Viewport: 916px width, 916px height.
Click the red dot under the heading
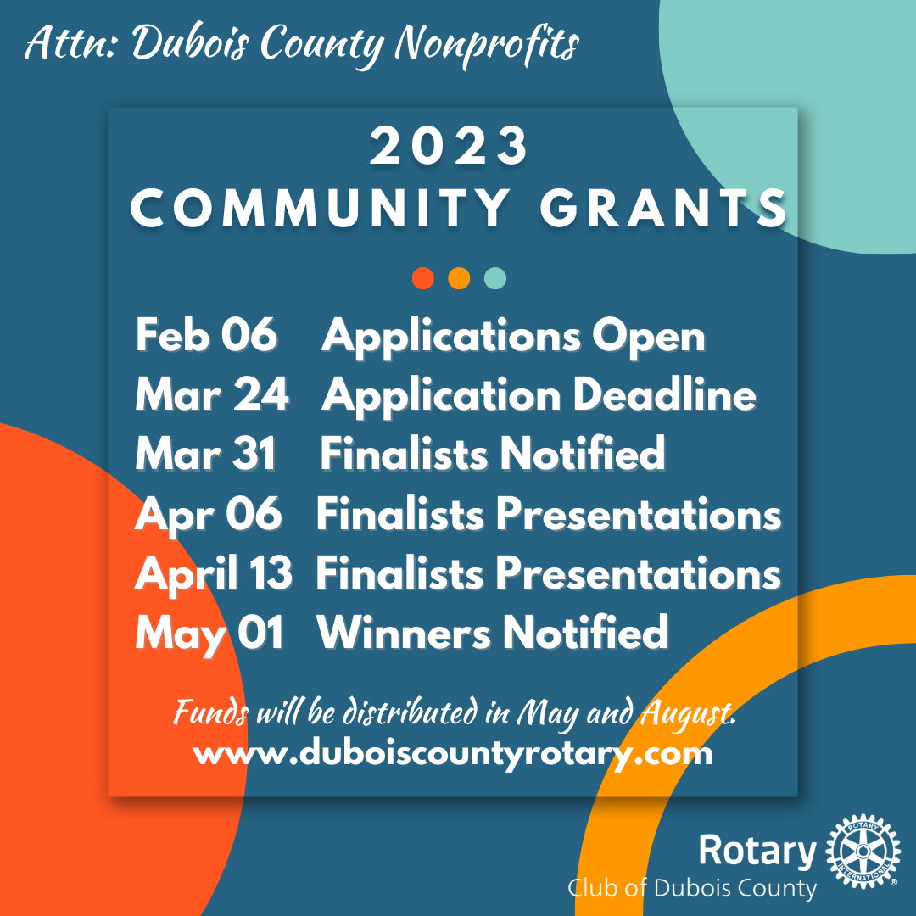click(x=423, y=278)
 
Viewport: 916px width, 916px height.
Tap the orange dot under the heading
click(x=459, y=278)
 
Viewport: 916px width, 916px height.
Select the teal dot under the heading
click(x=495, y=278)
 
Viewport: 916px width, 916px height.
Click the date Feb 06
click(x=206, y=337)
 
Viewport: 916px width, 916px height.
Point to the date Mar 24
click(x=212, y=395)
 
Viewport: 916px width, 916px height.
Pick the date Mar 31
click(x=205, y=455)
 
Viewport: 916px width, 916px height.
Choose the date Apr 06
click(x=208, y=515)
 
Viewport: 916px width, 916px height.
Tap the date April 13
click(x=214, y=574)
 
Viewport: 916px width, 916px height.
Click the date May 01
click(x=209, y=634)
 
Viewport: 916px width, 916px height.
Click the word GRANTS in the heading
click(x=665, y=209)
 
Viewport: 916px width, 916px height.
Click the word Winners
click(x=403, y=634)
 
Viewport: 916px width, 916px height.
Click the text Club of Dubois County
click(x=692, y=889)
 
